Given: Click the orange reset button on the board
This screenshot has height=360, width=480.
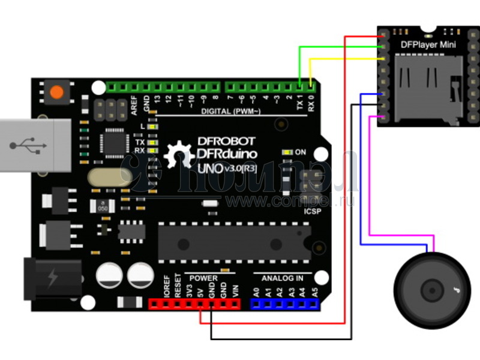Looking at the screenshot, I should point(56,92).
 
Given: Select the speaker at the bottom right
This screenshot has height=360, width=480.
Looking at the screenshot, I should point(432,291).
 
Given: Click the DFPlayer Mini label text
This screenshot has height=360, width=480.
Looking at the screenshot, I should point(427,45).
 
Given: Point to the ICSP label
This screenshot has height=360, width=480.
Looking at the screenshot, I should point(313,211).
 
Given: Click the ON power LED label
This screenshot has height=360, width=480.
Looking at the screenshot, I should point(301,152).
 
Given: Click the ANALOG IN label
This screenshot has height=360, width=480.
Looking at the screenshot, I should point(282,278).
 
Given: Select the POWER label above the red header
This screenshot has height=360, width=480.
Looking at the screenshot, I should point(203,278).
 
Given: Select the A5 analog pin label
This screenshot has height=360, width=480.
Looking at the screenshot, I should point(314,293).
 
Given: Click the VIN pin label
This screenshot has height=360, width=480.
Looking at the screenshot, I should point(235,292).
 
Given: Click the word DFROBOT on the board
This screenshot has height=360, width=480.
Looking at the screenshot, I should point(226,142).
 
